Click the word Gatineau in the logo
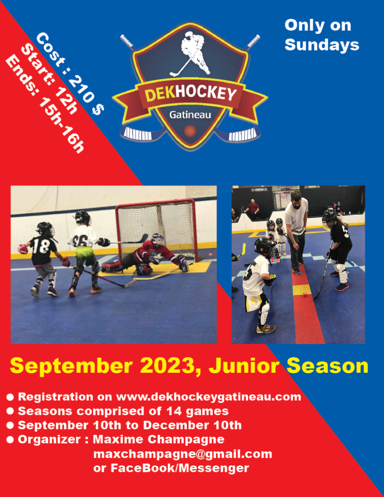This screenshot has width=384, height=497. coord(190,115)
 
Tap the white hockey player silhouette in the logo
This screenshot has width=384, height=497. coord(191,54)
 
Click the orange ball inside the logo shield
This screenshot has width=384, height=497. coord(190,131)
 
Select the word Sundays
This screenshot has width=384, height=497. coord(322,45)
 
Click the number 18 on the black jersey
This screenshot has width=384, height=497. coord(41,246)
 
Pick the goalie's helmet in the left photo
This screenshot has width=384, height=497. coord(158,240)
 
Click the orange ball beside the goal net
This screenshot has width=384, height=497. coord(210,255)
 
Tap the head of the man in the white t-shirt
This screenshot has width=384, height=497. coord(296,199)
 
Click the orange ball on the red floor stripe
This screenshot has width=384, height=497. coord(305,294)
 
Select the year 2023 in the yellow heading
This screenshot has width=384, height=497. coord(170,365)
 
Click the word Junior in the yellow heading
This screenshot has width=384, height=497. coord(244,366)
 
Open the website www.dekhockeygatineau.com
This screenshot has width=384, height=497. coord(209,397)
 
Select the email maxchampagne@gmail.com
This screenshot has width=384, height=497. coord(183,454)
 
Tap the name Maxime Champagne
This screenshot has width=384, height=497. coord(159,440)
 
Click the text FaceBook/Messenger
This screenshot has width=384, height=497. coord(180,468)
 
